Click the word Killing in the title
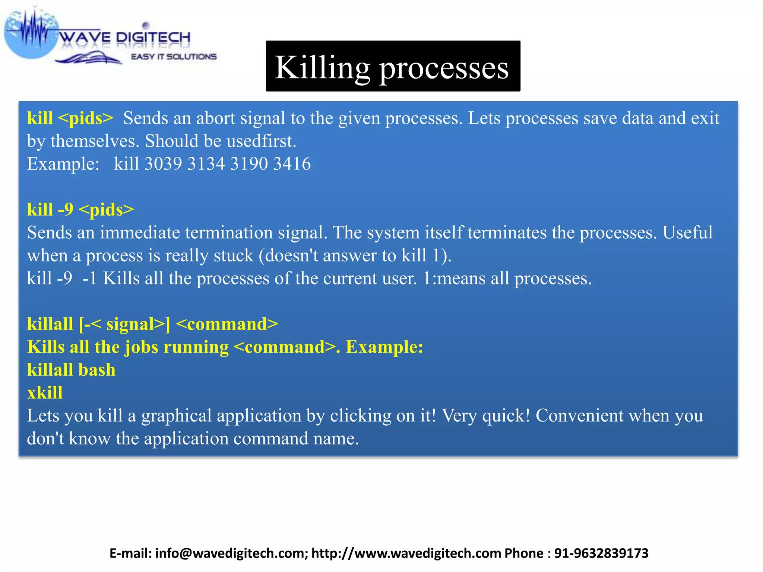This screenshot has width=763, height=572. [x=322, y=68]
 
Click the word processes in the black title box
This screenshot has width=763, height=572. [x=444, y=69]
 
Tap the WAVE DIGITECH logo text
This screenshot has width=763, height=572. [x=125, y=37]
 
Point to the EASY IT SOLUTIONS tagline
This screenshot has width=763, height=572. [x=174, y=57]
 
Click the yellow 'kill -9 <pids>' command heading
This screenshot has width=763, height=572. [x=80, y=210]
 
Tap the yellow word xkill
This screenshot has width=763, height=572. [x=45, y=393]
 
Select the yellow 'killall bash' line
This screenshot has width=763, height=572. [x=71, y=370]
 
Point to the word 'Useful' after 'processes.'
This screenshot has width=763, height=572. [x=687, y=233]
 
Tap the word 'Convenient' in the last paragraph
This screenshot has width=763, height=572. [x=579, y=416]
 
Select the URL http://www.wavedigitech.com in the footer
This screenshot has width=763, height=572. [x=406, y=553]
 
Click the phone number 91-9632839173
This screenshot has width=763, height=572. [x=601, y=553]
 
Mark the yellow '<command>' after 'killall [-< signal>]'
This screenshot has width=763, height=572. [x=227, y=324]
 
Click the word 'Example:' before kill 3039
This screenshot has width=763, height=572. [x=63, y=164]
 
